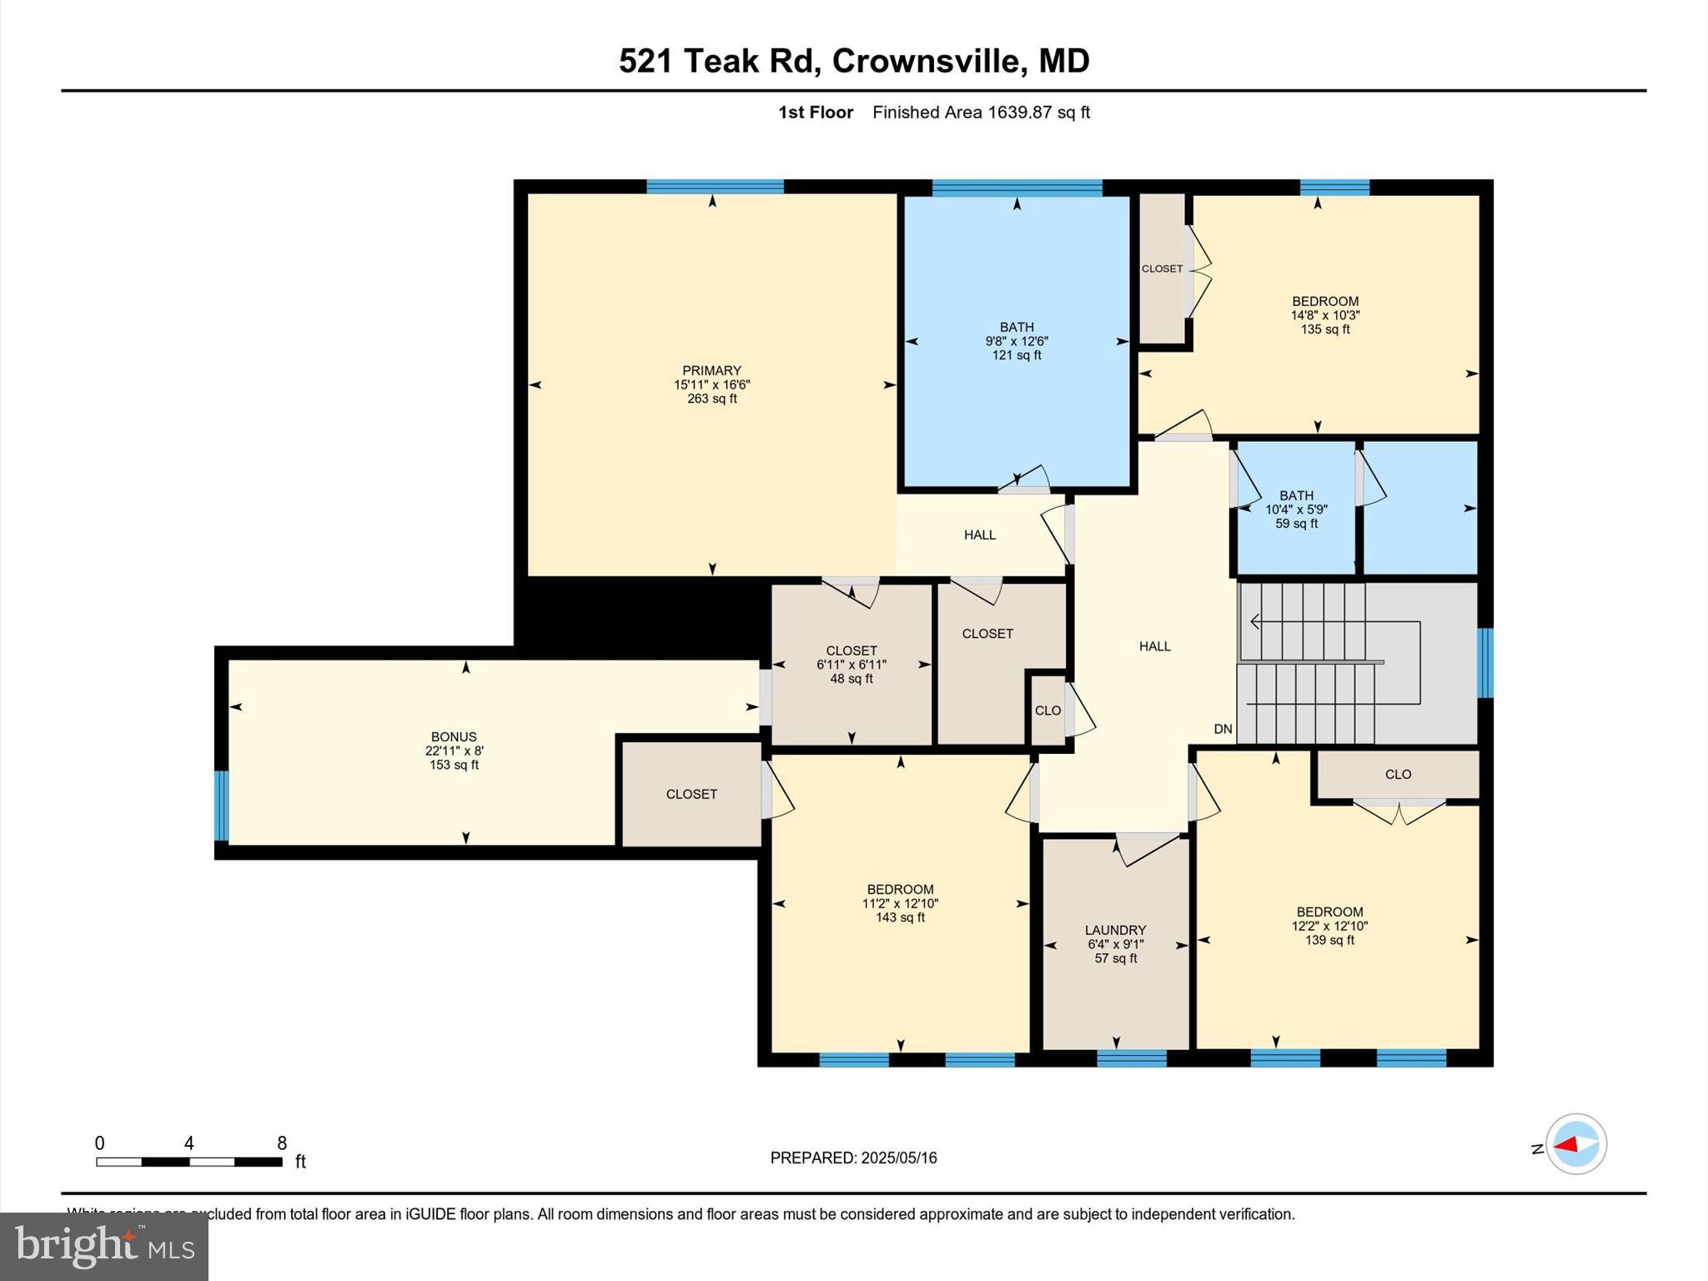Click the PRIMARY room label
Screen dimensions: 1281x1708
[711, 370]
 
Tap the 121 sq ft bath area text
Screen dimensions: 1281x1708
[1017, 355]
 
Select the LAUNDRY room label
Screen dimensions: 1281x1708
[1115, 930]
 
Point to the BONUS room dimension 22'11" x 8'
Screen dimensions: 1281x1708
[454, 751]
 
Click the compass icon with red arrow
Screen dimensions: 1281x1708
[1575, 1144]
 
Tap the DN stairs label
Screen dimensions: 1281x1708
[1223, 729]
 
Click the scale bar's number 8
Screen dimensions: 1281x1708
[282, 1143]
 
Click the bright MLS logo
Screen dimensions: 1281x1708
[103, 1246]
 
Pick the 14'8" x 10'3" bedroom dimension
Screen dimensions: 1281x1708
[1325, 315]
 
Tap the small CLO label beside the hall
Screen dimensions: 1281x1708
[1047, 711]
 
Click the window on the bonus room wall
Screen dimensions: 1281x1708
[221, 806]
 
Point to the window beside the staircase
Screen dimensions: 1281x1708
[1484, 662]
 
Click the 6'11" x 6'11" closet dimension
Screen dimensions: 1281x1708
[851, 665]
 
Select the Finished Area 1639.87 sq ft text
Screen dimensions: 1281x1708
[981, 113]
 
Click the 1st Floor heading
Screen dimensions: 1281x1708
[815, 113]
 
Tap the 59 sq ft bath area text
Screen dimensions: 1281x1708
[1296, 524]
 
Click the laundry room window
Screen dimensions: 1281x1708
[1131, 1058]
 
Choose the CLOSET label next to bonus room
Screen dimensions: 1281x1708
[691, 794]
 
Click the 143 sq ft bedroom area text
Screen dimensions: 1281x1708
[900, 917]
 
